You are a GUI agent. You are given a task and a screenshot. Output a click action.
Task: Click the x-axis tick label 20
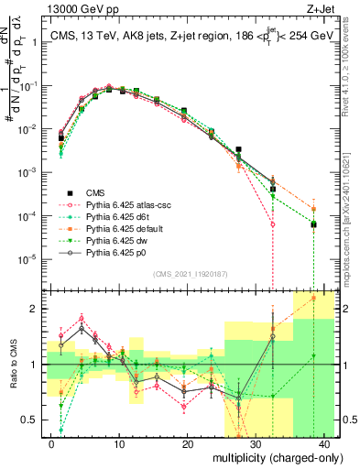(x=188, y=442)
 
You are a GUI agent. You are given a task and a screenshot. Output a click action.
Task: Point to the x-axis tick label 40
(x=324, y=442)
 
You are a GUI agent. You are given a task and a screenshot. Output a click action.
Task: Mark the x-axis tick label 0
(x=51, y=442)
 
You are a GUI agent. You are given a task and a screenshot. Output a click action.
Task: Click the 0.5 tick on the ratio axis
(x=34, y=420)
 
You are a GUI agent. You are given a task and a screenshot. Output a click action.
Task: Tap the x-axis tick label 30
(x=256, y=442)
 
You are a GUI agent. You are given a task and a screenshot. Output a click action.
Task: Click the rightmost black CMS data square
(x=313, y=224)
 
